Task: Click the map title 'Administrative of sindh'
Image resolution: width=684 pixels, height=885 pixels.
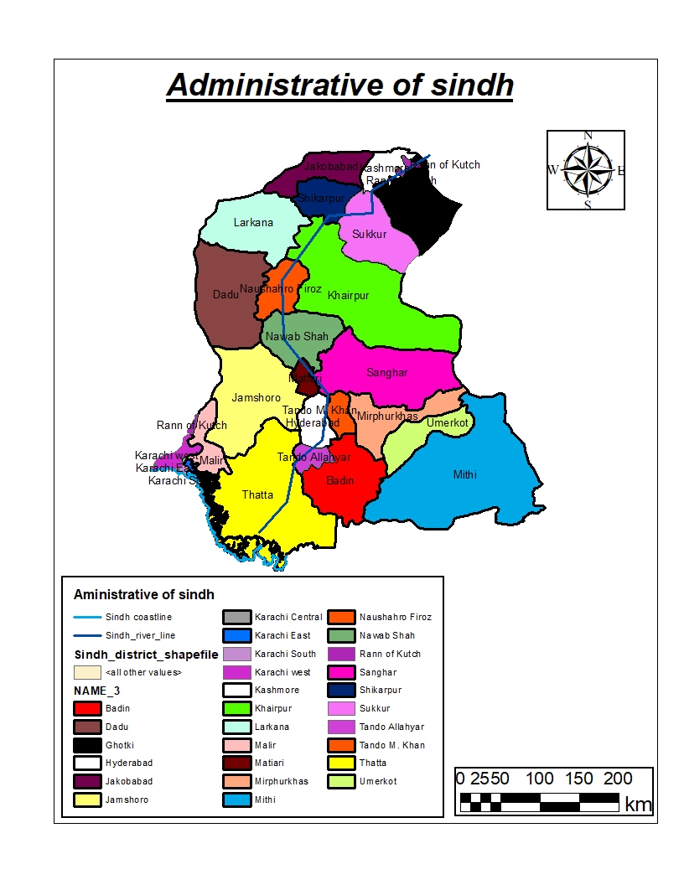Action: pyautogui.click(x=339, y=86)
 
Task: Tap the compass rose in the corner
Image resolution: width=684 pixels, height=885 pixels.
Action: pyautogui.click(x=586, y=169)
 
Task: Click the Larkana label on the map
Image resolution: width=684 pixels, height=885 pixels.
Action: pyautogui.click(x=253, y=223)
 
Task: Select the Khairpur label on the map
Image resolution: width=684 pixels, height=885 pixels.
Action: pyautogui.click(x=348, y=296)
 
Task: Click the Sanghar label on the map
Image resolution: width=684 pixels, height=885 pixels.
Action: pyautogui.click(x=386, y=372)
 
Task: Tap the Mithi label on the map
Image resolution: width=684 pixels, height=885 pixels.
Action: pyautogui.click(x=464, y=474)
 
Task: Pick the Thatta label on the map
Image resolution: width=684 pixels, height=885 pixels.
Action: pyautogui.click(x=257, y=494)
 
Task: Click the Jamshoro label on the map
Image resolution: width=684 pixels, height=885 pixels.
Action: pyautogui.click(x=256, y=398)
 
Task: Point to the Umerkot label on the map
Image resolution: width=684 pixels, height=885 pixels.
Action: pyautogui.click(x=448, y=423)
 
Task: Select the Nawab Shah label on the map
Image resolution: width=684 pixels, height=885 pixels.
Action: pyautogui.click(x=297, y=337)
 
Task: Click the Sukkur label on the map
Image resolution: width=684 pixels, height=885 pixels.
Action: pyautogui.click(x=370, y=235)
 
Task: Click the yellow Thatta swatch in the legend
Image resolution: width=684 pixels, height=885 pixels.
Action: pyautogui.click(x=341, y=763)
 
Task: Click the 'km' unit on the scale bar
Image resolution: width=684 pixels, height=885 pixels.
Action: pyautogui.click(x=638, y=805)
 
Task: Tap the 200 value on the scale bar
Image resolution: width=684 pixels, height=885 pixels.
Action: pyautogui.click(x=618, y=778)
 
